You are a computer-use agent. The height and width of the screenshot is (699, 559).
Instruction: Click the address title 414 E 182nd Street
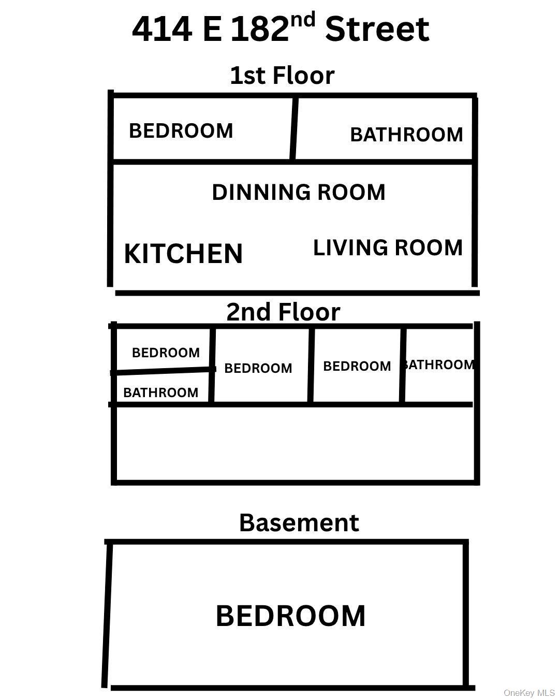click(281, 27)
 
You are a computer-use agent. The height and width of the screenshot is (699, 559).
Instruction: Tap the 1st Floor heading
click(282, 76)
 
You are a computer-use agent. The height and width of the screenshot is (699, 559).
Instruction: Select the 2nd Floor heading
click(283, 312)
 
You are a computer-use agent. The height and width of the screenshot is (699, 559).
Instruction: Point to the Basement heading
click(299, 522)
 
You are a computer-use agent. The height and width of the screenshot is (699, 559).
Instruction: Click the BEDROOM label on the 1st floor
click(181, 130)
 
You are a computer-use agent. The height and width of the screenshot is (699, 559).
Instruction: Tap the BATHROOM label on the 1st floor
click(406, 135)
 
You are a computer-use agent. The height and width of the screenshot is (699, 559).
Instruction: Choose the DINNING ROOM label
click(299, 192)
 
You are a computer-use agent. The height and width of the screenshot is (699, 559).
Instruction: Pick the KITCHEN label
click(183, 254)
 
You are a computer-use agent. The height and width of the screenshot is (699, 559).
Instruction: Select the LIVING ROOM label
click(388, 247)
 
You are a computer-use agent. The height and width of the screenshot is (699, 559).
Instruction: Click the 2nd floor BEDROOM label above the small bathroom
click(166, 353)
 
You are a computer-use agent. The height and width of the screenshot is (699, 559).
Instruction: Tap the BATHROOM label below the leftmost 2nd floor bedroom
click(161, 392)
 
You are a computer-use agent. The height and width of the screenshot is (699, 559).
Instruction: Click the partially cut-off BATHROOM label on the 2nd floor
click(438, 365)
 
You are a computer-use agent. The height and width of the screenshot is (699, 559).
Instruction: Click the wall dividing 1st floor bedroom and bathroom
click(294, 128)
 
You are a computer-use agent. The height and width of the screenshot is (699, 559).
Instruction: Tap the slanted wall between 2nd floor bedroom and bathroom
click(163, 371)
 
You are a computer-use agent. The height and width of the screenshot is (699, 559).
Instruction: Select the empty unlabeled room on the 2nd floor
click(295, 443)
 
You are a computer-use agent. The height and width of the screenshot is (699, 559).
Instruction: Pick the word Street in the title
click(377, 29)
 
